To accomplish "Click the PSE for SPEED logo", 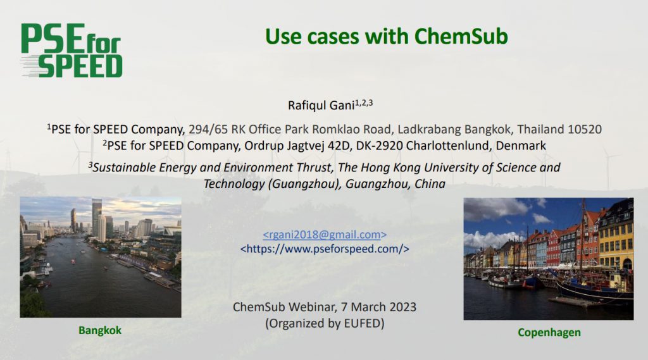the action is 72,51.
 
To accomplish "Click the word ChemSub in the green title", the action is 461,36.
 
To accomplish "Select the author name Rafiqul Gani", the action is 321,106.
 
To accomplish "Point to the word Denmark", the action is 521,146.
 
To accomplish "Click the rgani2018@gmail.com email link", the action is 325,235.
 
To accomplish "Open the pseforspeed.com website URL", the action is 325,249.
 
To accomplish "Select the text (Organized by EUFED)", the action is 325,323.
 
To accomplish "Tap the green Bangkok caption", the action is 100,331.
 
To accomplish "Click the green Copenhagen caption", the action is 549,333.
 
